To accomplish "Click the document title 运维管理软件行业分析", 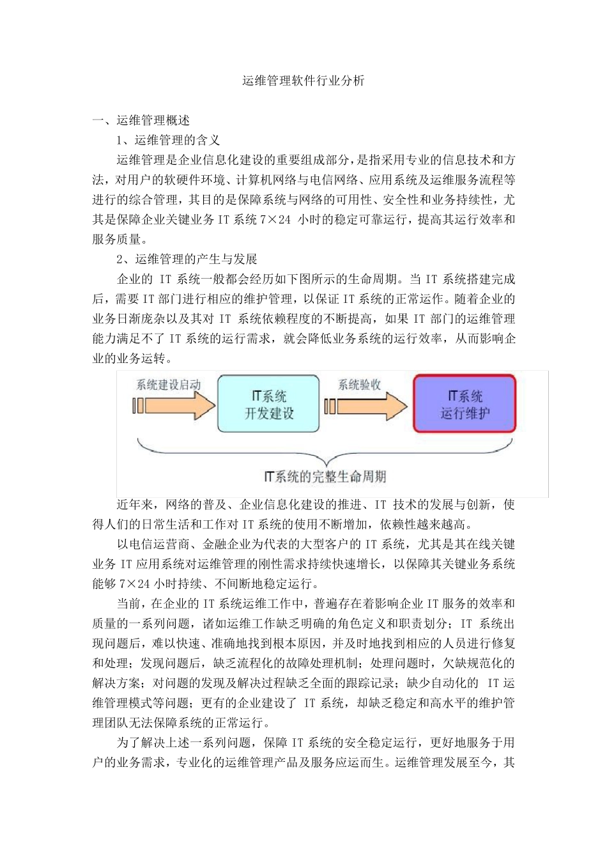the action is pyautogui.click(x=303, y=81).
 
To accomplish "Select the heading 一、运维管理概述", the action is pyautogui.click(x=141, y=120).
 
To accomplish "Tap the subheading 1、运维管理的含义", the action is pyautogui.click(x=168, y=140).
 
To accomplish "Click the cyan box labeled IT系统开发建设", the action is pyautogui.click(x=268, y=405).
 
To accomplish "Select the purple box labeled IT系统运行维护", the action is pyautogui.click(x=465, y=405).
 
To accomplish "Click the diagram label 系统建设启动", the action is pyautogui.click(x=168, y=385).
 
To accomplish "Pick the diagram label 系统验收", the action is pyautogui.click(x=359, y=385).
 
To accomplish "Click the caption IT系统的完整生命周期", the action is pyautogui.click(x=325, y=477).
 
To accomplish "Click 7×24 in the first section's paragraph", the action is pyautogui.click(x=275, y=219).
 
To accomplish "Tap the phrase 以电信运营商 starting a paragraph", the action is pyautogui.click(x=153, y=544).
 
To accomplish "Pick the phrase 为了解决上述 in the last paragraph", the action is pyautogui.click(x=153, y=743).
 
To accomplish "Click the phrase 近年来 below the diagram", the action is pyautogui.click(x=135, y=505).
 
